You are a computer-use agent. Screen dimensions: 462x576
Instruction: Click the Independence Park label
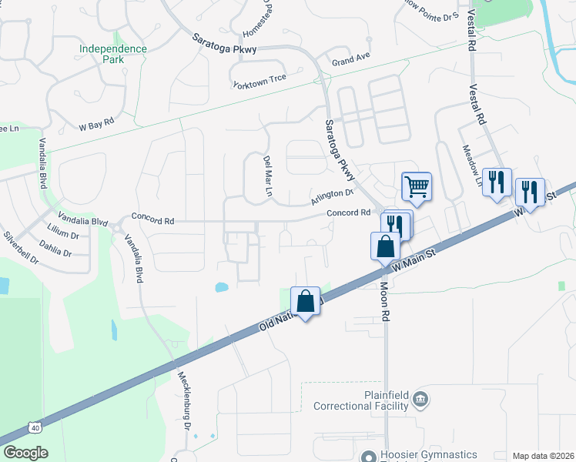click(x=112, y=54)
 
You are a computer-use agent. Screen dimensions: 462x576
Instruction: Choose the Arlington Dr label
click(x=332, y=198)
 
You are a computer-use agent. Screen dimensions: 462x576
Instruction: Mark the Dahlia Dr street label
click(x=55, y=252)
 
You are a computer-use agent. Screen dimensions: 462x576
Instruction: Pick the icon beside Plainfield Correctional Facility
click(x=421, y=400)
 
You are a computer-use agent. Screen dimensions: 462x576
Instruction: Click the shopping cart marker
click(x=417, y=186)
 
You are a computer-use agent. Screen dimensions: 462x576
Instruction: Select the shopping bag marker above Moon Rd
click(x=385, y=246)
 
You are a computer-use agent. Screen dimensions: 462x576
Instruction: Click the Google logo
click(x=25, y=453)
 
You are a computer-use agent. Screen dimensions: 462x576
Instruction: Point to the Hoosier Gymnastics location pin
click(x=369, y=456)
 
